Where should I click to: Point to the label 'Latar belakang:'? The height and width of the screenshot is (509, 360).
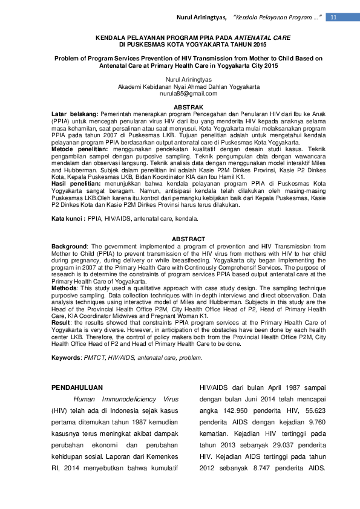74,114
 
